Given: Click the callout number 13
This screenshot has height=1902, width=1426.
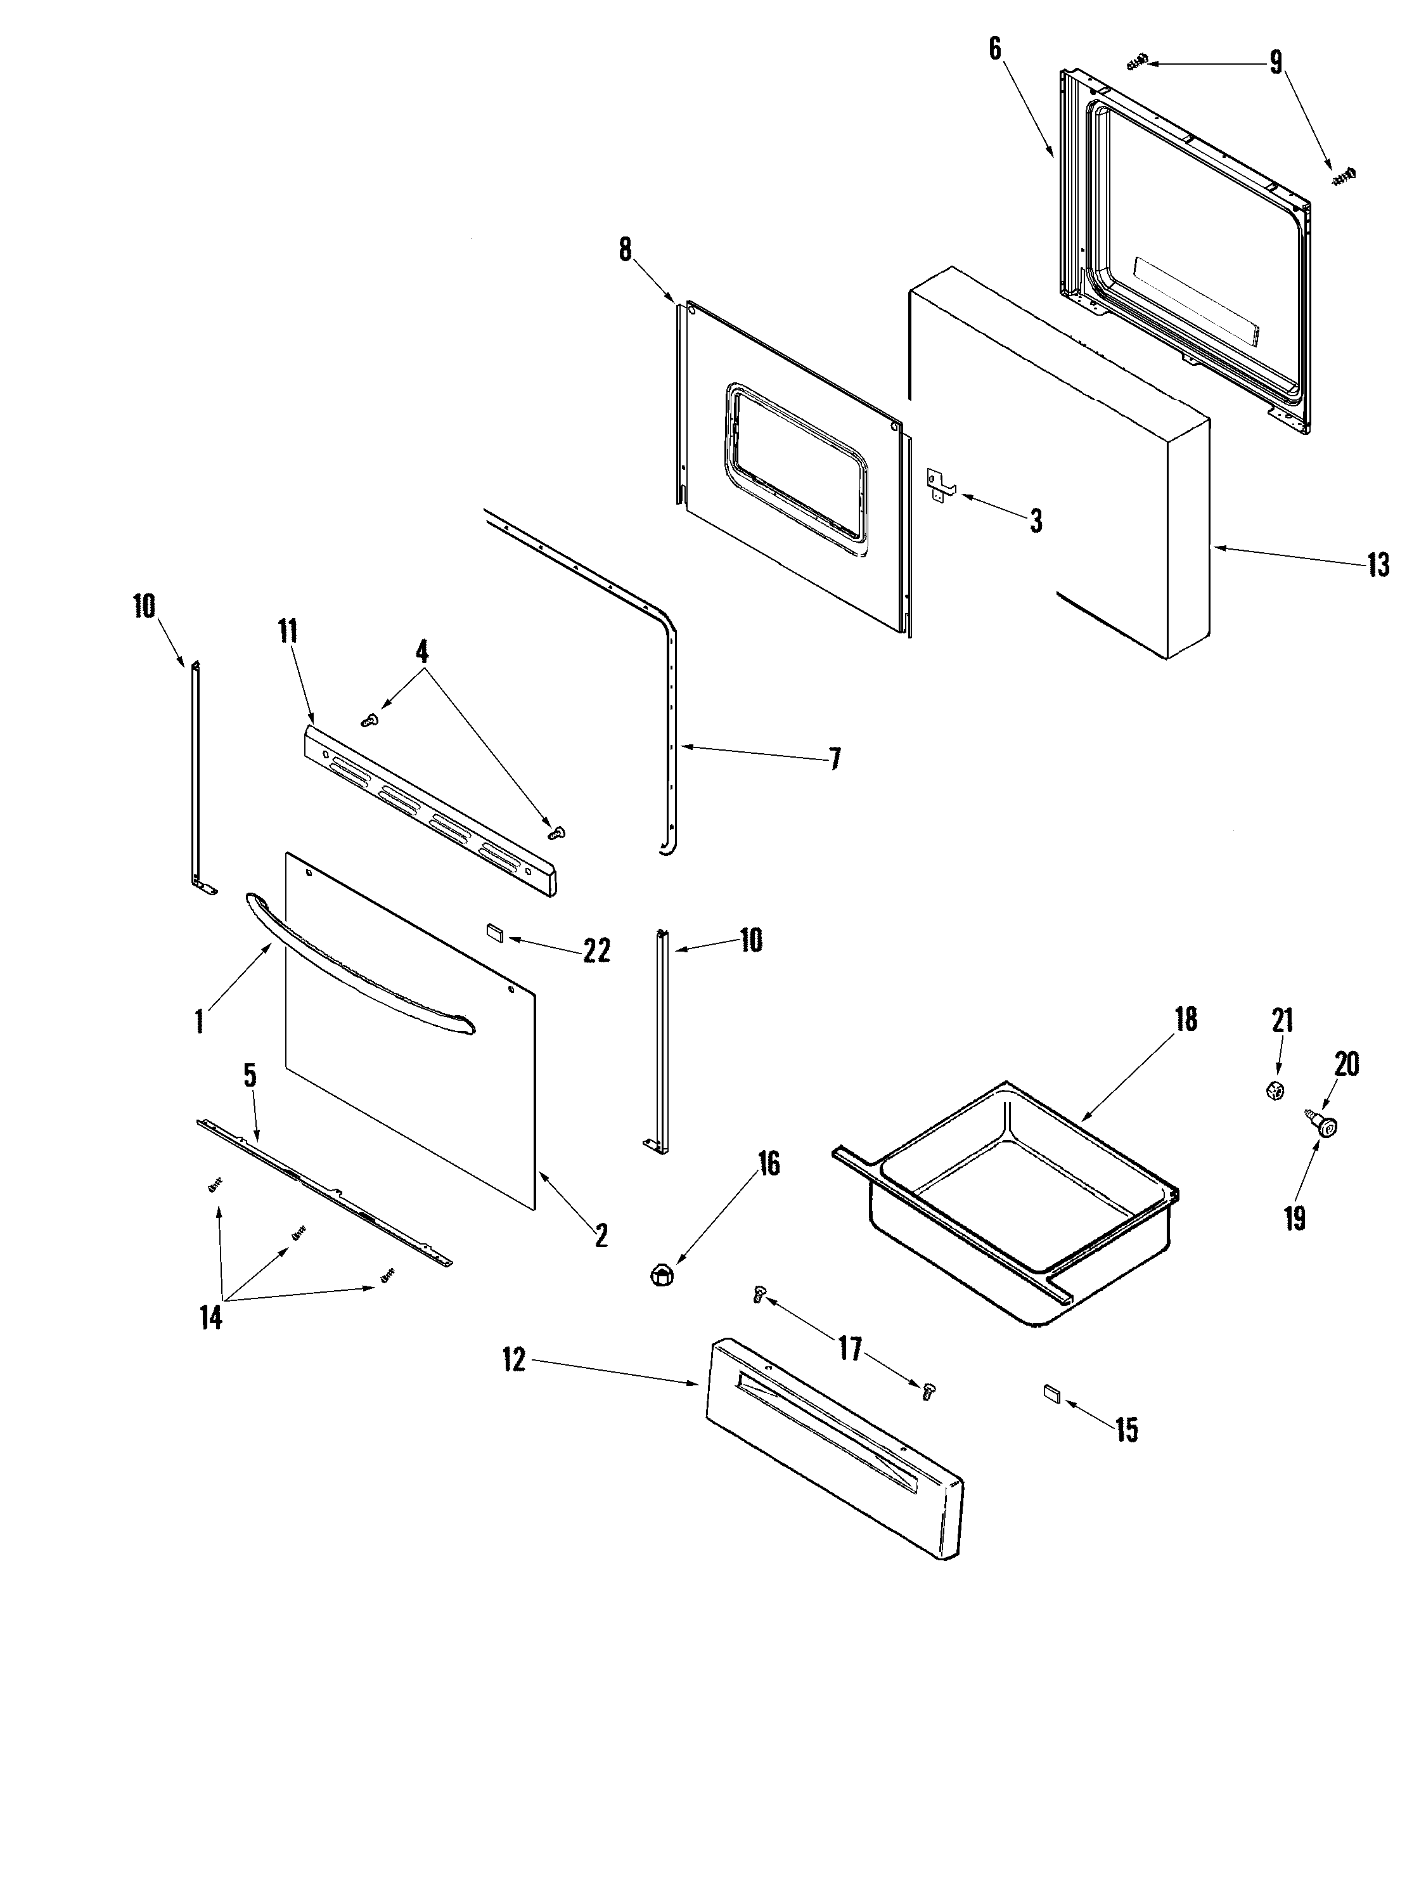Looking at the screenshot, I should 1378,565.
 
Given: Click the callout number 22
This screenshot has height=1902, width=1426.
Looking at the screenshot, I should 596,950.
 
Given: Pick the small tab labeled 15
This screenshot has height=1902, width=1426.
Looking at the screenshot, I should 1052,1393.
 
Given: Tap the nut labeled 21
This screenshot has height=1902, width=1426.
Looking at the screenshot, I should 1276,1091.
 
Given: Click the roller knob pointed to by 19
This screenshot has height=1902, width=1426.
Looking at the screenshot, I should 1330,1127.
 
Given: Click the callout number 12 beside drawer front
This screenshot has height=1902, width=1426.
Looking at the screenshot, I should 514,1362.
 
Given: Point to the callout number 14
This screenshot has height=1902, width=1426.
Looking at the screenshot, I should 210,1317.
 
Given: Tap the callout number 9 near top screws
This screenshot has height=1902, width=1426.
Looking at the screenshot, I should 1276,62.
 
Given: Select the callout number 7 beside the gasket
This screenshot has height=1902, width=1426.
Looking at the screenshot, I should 834,758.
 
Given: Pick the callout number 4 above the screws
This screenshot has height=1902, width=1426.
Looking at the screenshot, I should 421,652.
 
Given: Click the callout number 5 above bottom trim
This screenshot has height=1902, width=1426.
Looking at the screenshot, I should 250,1077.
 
